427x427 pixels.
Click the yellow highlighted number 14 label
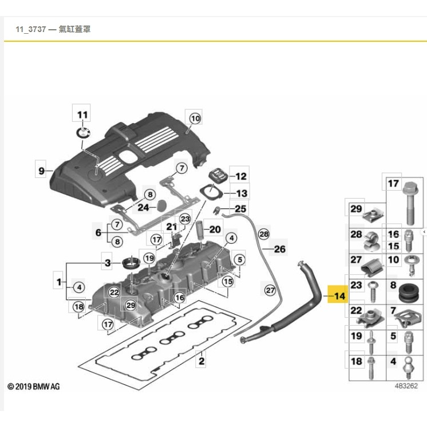click(339, 296)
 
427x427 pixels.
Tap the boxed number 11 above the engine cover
click(83, 114)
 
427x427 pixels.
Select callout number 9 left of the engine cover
click(41, 171)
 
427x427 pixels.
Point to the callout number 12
click(241, 177)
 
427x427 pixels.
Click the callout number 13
click(241, 194)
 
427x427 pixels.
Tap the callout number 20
click(215, 230)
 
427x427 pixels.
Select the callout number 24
click(143, 207)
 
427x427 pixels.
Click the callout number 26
click(279, 249)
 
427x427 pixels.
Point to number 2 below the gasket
click(201, 361)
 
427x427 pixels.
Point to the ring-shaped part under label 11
click(84, 134)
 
